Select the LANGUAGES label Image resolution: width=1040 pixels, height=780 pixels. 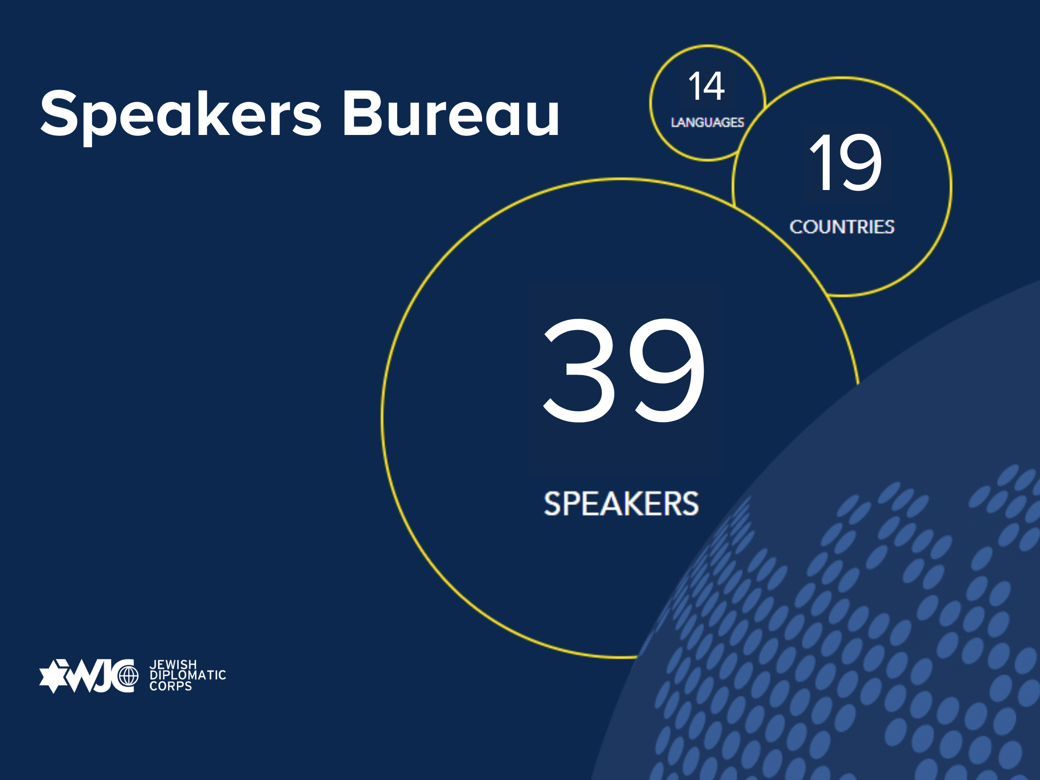click(707, 122)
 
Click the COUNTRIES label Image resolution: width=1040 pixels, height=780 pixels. click(841, 227)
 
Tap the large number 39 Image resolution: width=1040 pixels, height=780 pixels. click(624, 370)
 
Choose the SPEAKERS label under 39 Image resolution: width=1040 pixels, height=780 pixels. click(621, 504)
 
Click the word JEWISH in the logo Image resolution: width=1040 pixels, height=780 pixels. click(173, 664)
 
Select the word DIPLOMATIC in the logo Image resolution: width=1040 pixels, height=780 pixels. click(188, 675)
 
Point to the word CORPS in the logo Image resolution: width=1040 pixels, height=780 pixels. click(171, 686)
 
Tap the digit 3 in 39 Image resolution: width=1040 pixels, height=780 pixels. click(579, 370)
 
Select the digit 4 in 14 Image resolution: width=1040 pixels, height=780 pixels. click(714, 86)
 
